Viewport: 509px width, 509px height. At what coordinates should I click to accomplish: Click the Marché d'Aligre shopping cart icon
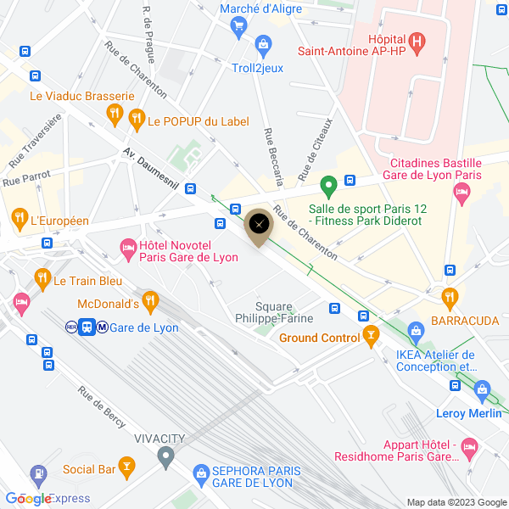point(238,26)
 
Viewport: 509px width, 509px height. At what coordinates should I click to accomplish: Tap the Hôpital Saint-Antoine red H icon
point(417,40)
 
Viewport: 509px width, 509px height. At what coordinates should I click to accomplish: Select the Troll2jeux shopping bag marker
point(263,42)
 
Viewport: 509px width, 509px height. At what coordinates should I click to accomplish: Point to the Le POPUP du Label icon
point(135,121)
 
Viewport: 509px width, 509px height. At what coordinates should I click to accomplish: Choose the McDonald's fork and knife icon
point(151,299)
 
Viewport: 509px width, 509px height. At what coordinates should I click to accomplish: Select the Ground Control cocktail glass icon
point(370,337)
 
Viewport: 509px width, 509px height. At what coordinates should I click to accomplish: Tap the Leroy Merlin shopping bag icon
point(483,392)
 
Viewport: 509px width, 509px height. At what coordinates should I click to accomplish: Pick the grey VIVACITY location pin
point(165,458)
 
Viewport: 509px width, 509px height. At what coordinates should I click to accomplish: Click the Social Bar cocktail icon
point(126,465)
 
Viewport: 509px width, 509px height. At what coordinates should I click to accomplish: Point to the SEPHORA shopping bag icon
point(201,472)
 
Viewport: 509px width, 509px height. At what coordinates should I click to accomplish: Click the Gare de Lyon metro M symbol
point(102,327)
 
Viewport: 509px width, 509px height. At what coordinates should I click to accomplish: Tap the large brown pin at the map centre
point(260,225)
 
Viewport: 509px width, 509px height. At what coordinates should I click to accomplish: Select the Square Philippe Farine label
point(274,312)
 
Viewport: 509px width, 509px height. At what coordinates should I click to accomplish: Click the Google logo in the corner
point(28,499)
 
